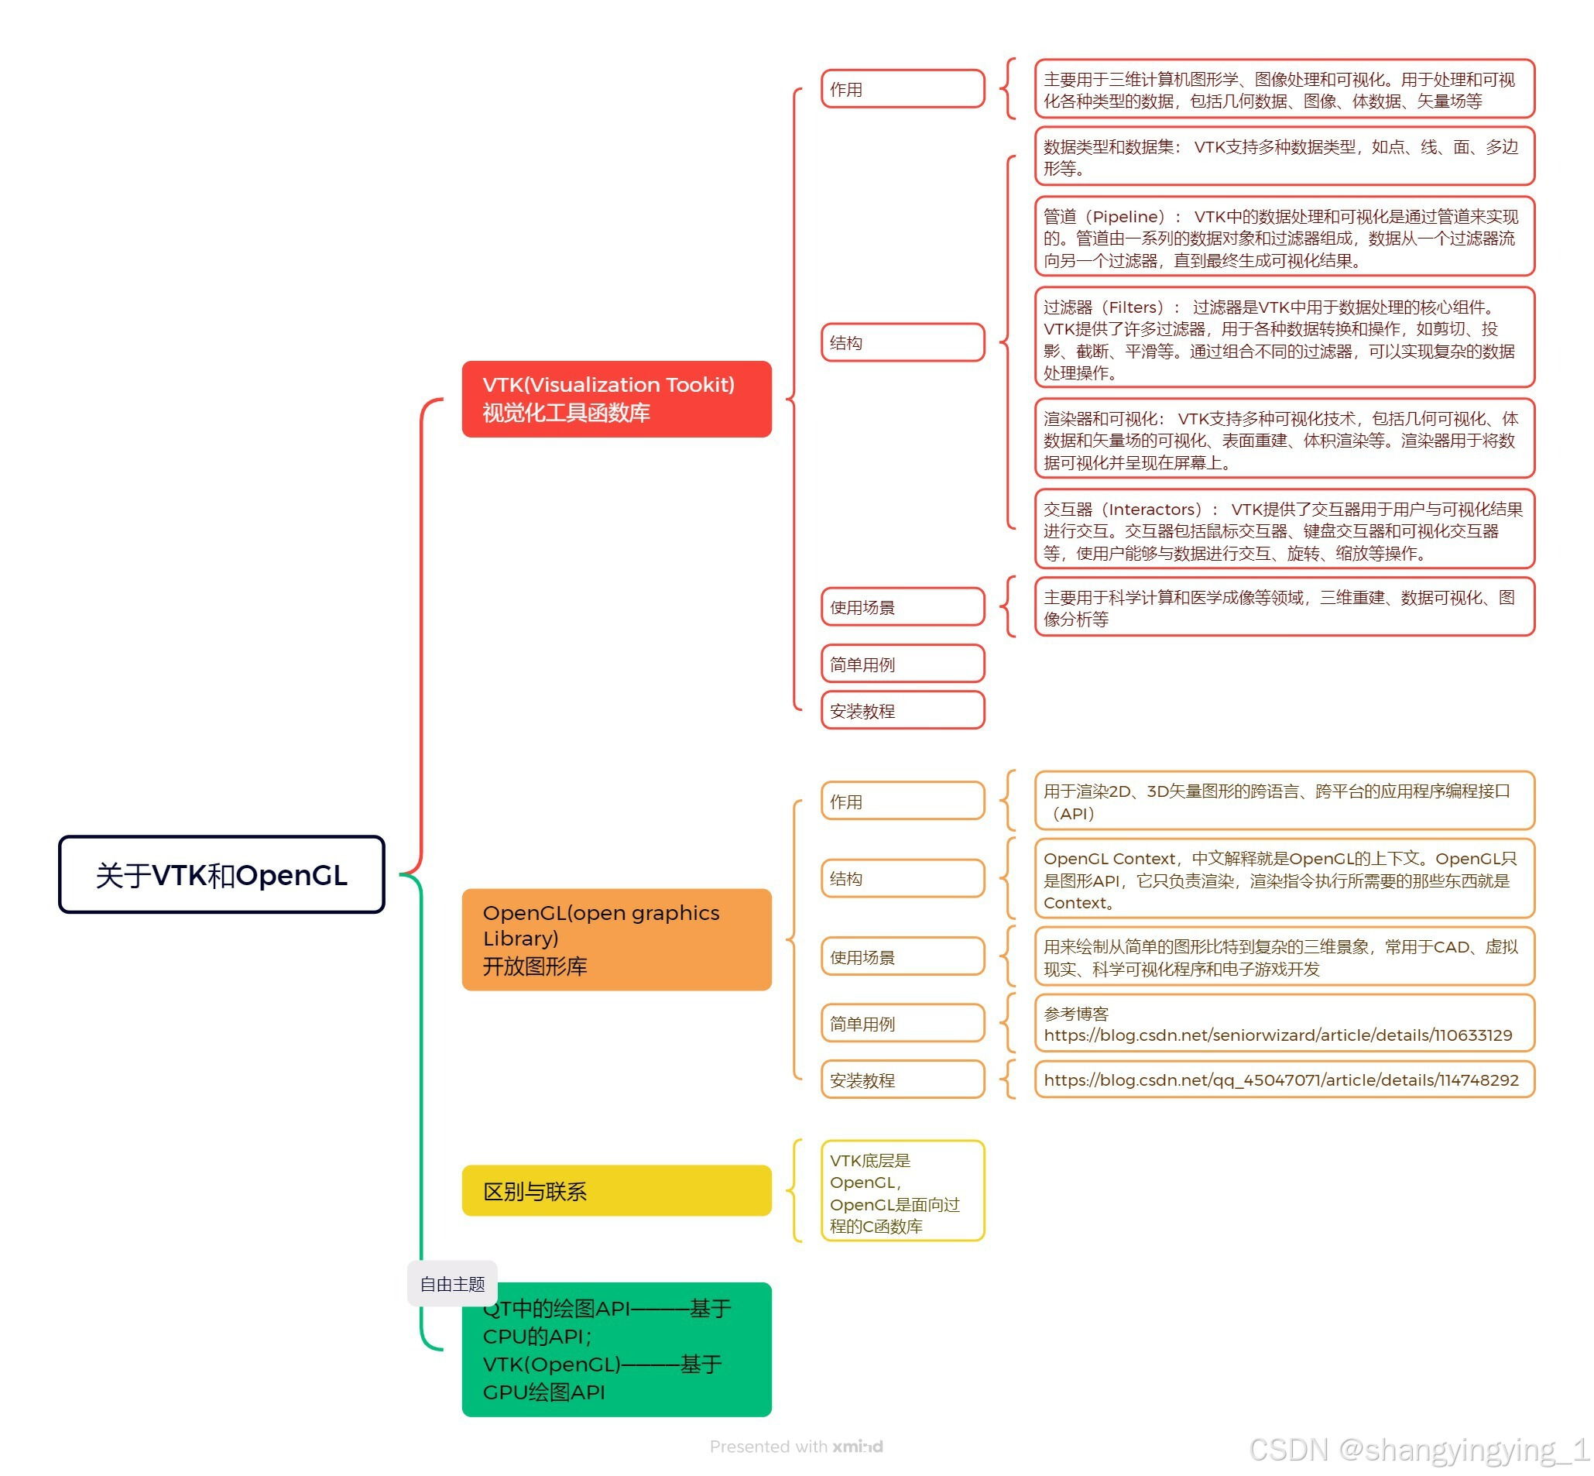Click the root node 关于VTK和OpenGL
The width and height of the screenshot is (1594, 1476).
point(221,874)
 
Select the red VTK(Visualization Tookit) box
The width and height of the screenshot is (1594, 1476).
point(615,399)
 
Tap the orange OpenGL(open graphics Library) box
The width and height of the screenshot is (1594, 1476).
point(615,939)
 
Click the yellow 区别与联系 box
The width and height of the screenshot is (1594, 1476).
point(615,1191)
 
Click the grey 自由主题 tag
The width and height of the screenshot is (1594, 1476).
point(452,1283)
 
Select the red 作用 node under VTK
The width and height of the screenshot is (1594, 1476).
point(902,88)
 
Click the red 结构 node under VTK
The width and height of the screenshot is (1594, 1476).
point(902,342)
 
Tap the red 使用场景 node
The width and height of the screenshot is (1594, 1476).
point(902,607)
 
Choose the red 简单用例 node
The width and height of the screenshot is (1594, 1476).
point(902,664)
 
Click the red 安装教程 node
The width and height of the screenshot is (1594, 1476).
point(902,710)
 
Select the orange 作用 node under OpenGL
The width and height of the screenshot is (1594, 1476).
point(902,801)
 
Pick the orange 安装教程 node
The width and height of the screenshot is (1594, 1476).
point(902,1080)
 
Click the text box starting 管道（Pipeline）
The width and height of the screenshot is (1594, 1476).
point(1283,237)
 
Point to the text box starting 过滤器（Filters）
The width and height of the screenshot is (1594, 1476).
point(1283,338)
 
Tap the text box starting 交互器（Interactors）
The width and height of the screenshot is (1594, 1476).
point(1283,530)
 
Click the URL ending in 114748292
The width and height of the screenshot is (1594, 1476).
point(1280,1080)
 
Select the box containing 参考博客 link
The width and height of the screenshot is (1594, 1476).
point(1283,1024)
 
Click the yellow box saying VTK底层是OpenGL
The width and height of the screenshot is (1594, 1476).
point(902,1192)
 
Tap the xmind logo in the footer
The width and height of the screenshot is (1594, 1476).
point(857,1447)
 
